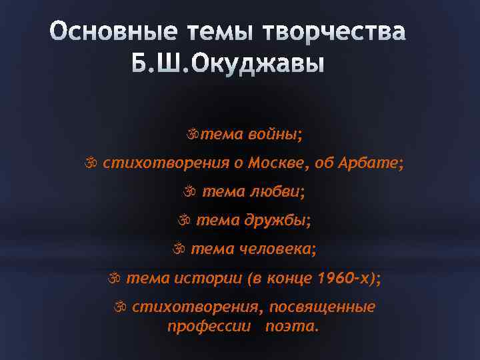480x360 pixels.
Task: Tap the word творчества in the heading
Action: point(335,33)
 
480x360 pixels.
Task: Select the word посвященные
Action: point(326,307)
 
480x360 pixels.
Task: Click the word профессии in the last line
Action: point(209,327)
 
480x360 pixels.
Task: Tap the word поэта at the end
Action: point(291,327)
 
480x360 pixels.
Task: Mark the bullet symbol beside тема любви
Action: point(189,192)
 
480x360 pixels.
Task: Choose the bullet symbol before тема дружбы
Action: point(184,221)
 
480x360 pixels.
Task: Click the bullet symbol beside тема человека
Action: point(179,249)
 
